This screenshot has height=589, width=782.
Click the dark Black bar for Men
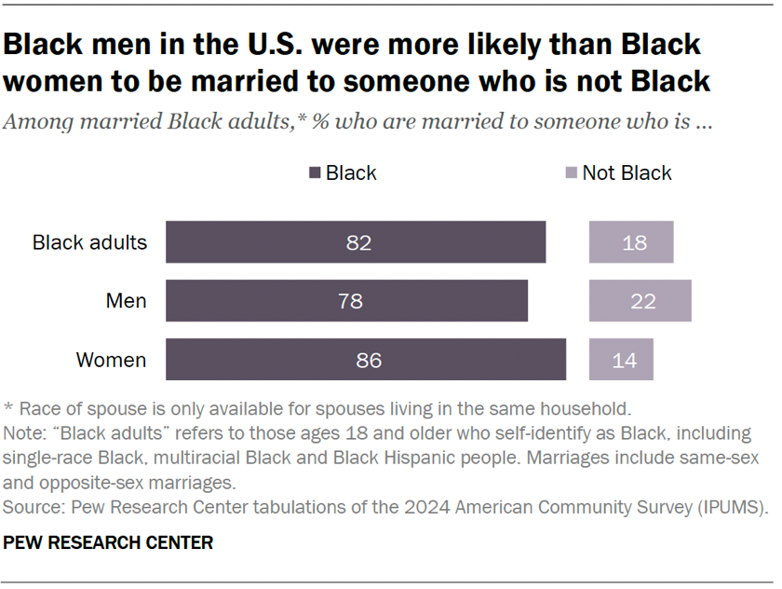[346, 301]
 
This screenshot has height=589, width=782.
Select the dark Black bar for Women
[366, 359]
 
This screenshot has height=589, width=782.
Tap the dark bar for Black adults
[356, 243]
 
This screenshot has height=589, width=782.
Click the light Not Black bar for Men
[640, 301]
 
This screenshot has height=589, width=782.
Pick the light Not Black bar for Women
[621, 359]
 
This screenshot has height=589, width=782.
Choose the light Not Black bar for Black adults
[631, 243]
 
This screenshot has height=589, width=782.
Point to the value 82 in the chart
[358, 243]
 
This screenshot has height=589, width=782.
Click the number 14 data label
[625, 360]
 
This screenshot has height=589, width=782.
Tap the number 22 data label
[643, 301]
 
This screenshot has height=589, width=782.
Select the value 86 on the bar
[370, 360]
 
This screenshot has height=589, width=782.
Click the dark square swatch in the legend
[314, 173]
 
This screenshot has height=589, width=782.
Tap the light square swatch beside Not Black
[571, 173]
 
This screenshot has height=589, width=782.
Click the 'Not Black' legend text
[627, 173]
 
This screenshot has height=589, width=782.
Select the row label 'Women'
[111, 360]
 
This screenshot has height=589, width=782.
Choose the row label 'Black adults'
[90, 243]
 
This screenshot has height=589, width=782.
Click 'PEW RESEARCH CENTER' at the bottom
[109, 541]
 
